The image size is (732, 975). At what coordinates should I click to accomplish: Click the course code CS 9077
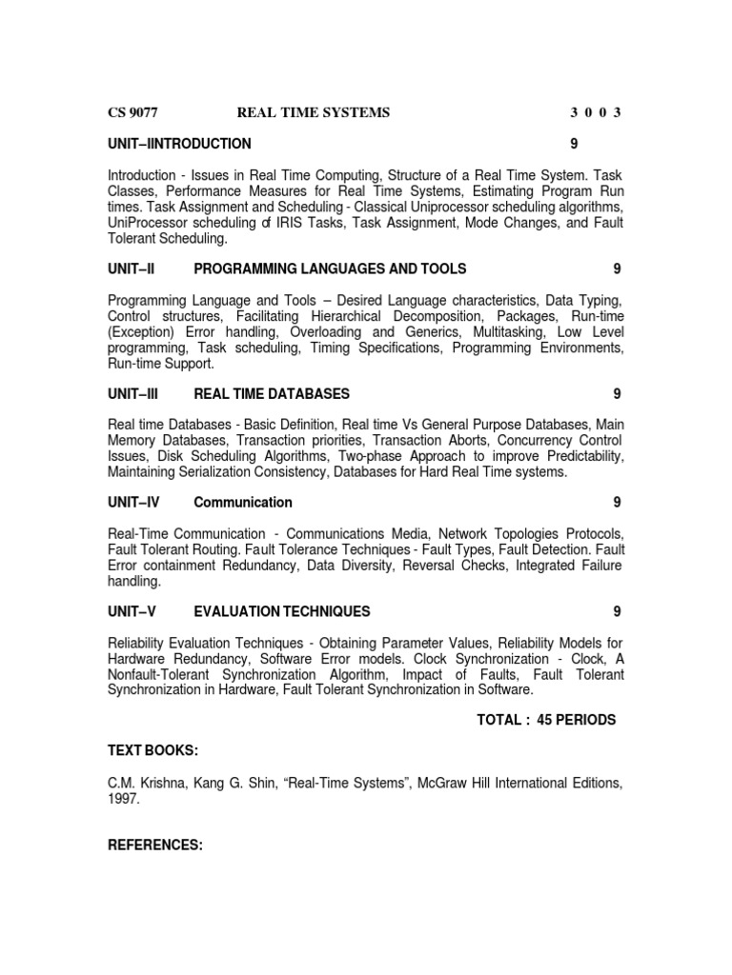(x=132, y=112)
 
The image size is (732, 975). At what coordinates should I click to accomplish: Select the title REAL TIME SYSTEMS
(x=314, y=112)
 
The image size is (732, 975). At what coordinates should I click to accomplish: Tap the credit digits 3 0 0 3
(x=596, y=112)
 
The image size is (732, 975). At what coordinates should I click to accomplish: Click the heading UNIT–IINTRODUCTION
(x=180, y=144)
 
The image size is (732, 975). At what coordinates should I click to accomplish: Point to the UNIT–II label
(x=132, y=269)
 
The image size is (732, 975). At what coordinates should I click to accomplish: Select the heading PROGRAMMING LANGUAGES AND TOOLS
(x=330, y=269)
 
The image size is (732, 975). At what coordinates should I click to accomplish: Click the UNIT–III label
(x=133, y=393)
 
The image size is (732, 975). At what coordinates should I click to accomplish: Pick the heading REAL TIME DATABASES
(x=272, y=393)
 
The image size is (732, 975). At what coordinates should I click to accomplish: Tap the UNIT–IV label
(x=133, y=502)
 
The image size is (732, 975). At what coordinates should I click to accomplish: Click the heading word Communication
(x=243, y=502)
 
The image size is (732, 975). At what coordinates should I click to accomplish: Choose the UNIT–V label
(x=132, y=610)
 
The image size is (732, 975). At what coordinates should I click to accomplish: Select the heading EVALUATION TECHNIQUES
(x=282, y=610)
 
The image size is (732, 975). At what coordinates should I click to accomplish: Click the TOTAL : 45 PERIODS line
(x=546, y=720)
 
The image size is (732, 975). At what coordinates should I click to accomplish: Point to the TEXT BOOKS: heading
(x=153, y=751)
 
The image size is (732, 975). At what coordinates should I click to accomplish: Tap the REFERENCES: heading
(x=155, y=845)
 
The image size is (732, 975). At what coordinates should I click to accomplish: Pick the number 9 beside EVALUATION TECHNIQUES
(x=618, y=610)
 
